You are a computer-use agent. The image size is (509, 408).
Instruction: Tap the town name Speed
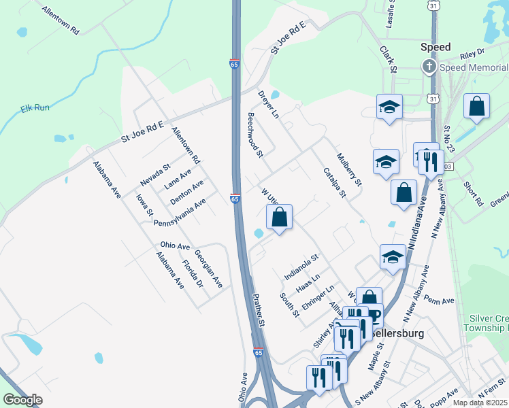436,47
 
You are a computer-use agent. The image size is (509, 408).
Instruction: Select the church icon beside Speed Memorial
429,67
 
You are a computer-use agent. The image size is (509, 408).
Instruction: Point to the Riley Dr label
472,52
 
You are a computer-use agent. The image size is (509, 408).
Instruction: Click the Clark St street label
389,60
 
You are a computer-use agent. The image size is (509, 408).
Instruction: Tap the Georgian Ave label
208,268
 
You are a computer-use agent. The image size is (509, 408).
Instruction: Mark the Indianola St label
301,267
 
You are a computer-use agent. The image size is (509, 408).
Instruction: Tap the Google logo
22,400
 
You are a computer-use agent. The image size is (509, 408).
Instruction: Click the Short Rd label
473,193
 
